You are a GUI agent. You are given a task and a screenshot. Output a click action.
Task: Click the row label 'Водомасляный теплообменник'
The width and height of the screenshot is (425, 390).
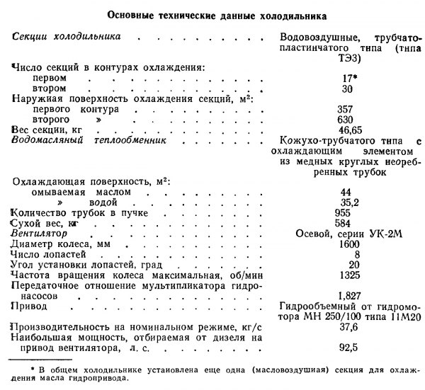pos(88,142)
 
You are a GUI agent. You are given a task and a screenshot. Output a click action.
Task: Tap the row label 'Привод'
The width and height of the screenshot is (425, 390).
pos(29,306)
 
